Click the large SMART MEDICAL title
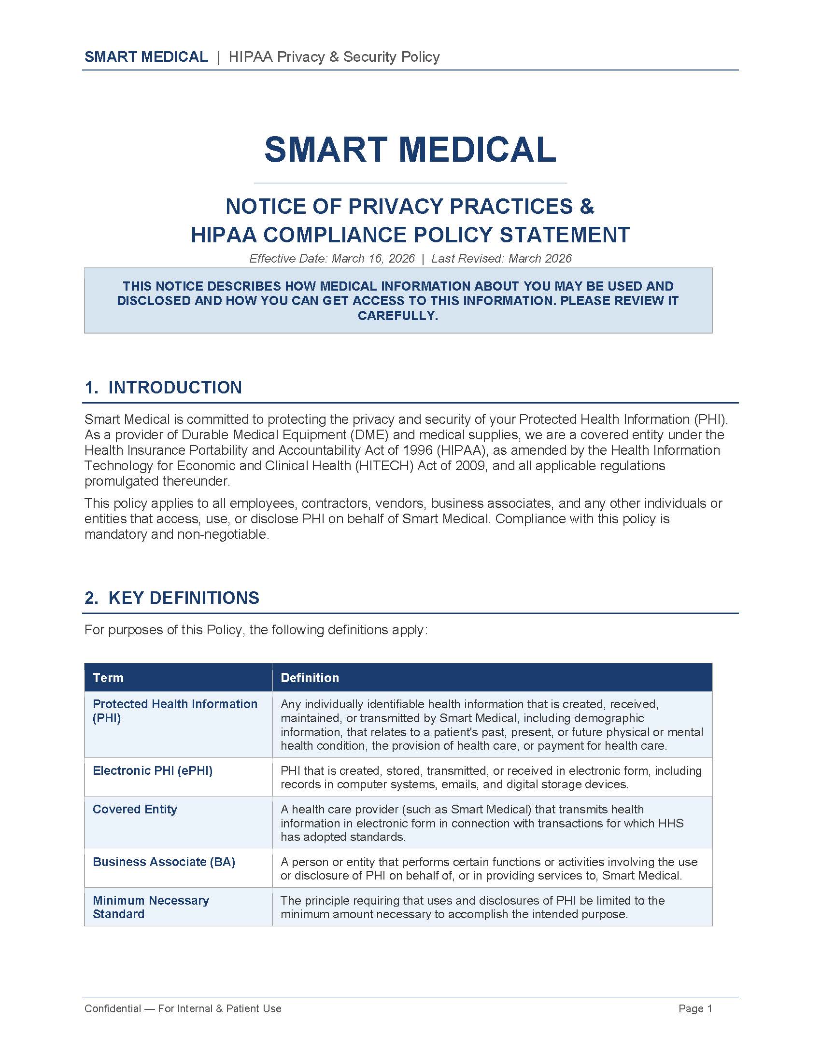[410, 149]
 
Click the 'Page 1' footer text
[695, 1008]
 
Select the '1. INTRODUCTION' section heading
[163, 388]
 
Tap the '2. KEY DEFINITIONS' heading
[172, 598]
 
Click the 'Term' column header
[108, 678]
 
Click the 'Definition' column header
[310, 678]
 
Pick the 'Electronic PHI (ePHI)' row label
[152, 771]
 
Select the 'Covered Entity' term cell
[135, 809]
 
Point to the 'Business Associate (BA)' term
[164, 862]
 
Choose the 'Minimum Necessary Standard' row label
[150, 907]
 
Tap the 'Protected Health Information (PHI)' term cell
[175, 711]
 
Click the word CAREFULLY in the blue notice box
[397, 316]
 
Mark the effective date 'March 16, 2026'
[373, 259]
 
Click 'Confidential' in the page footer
[113, 1008]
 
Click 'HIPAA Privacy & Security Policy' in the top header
[334, 57]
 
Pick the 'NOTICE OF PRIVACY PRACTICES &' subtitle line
[410, 207]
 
